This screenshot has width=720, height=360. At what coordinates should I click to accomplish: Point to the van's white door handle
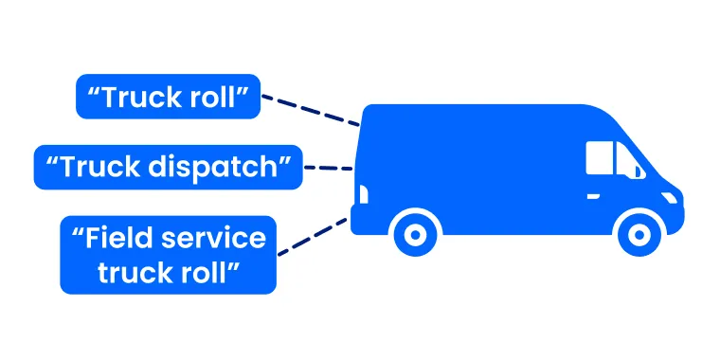point(593,196)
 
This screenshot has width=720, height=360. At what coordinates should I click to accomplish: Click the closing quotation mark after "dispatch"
point(282,160)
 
